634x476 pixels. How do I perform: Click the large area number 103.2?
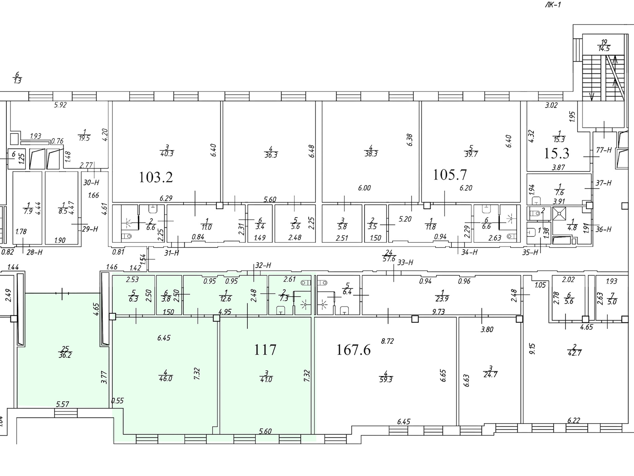[156, 178]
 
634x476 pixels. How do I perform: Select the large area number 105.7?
[450, 175]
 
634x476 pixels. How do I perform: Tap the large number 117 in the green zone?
[265, 349]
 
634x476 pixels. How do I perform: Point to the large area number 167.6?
[353, 349]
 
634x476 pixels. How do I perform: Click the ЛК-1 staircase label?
[553, 5]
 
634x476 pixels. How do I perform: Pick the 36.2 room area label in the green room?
[65, 356]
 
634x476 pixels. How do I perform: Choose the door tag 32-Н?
[263, 265]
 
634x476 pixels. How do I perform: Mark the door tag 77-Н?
[604, 150]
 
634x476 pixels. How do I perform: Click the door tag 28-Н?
[34, 252]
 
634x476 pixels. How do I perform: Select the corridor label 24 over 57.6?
[389, 256]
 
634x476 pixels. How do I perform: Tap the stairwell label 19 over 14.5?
[604, 45]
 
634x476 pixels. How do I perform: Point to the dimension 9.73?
[438, 311]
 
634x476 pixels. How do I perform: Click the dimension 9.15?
[532, 348]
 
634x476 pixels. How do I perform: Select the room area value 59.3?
[386, 380]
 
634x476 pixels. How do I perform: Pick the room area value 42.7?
[575, 353]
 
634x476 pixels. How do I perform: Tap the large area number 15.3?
[556, 153]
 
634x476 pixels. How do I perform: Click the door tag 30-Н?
[91, 182]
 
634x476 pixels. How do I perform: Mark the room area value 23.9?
[442, 299]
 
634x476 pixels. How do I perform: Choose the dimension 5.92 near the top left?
[60, 105]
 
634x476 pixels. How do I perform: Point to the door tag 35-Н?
[531, 252]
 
